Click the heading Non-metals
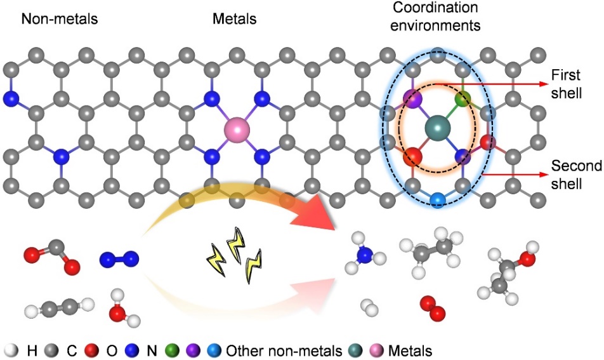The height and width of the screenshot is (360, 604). (60, 19)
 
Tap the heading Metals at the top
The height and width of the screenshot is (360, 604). (234, 19)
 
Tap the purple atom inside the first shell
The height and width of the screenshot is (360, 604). (413, 98)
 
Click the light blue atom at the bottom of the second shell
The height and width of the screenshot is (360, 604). (437, 200)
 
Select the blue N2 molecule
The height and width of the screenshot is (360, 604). (119, 258)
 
